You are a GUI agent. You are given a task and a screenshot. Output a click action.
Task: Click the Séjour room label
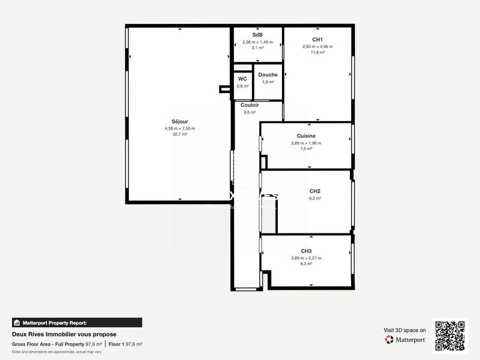(x=179, y=122)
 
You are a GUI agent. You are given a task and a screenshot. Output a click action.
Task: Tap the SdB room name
(x=257, y=35)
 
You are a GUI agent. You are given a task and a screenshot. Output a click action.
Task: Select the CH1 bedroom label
(x=317, y=40)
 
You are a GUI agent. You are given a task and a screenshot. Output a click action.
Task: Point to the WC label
(x=242, y=79)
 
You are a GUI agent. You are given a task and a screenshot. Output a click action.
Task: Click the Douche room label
(x=268, y=75)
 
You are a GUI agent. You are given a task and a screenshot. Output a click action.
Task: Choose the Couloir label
(x=250, y=105)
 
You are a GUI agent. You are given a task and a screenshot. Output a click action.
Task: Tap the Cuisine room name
(x=306, y=136)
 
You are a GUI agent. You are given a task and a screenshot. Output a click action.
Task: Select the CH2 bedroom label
(x=306, y=191)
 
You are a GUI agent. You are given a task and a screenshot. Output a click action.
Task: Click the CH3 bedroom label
(x=306, y=251)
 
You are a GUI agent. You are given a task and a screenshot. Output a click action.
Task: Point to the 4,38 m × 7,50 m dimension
(x=179, y=128)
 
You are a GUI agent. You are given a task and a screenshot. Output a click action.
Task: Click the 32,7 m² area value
(x=179, y=134)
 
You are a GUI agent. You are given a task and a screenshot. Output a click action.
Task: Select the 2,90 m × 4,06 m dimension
(x=317, y=46)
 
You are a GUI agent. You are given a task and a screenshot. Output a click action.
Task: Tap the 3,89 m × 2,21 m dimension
(x=306, y=258)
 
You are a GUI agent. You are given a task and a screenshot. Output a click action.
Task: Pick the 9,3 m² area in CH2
(x=306, y=198)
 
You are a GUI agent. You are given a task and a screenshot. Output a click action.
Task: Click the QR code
(x=450, y=335)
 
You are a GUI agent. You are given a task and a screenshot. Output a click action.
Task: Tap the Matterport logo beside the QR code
(x=405, y=340)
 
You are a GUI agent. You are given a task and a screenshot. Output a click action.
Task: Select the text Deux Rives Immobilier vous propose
(x=64, y=334)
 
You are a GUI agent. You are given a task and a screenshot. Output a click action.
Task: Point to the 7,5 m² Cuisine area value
(x=306, y=149)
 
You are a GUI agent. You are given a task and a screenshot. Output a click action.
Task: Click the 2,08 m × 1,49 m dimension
(x=257, y=42)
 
